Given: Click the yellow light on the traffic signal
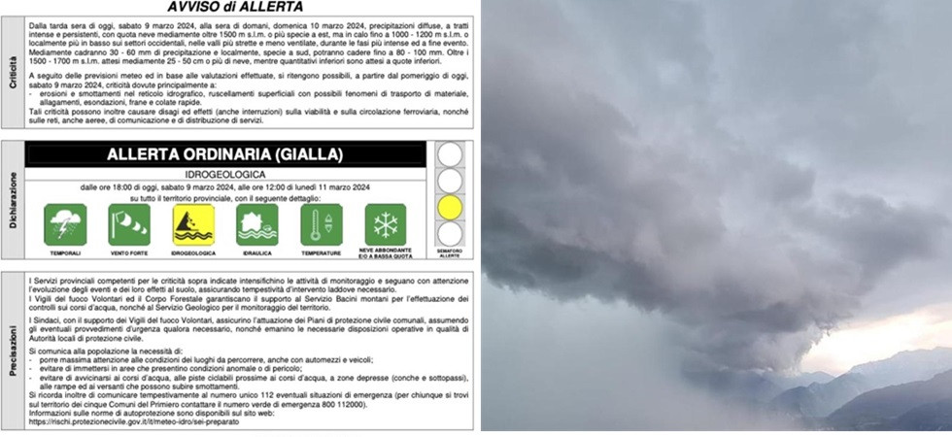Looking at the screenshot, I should (450, 207).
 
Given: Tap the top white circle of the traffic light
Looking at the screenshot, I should (450, 154).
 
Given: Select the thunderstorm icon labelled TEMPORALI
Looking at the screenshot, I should (65, 224).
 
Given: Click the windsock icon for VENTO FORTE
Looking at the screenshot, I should (129, 224).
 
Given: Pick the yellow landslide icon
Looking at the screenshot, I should (193, 224).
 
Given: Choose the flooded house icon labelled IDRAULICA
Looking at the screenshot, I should (257, 224).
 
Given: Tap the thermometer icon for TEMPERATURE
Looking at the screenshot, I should (322, 224).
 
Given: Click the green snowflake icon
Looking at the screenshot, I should (386, 224).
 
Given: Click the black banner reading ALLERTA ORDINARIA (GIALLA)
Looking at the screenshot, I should (225, 154).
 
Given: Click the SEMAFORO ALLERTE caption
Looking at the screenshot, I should (450, 253).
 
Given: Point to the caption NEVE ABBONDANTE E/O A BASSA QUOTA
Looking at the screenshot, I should (386, 253).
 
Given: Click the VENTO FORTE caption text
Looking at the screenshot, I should (129, 252).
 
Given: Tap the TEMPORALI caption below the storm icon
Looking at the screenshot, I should (65, 252).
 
